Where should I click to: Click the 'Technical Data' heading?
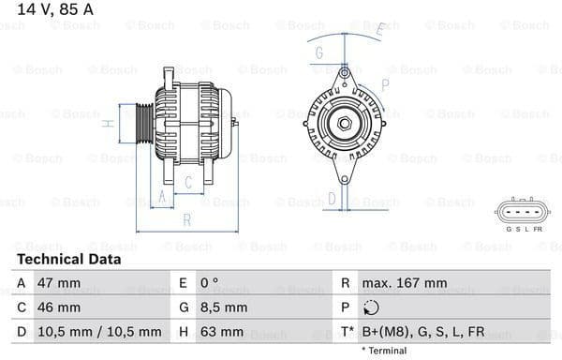tap(68, 259)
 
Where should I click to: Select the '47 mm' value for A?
tap(57, 283)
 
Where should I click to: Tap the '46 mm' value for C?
tap(57, 307)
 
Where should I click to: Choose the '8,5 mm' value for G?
tap(224, 307)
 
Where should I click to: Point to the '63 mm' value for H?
tap(220, 332)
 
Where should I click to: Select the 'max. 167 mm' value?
tap(407, 283)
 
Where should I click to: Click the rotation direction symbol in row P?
tap(372, 307)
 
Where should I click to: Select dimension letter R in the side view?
tap(186, 220)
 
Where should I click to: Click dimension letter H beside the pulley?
tap(110, 124)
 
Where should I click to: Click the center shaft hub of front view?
tap(342, 123)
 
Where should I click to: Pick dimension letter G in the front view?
tap(319, 52)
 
